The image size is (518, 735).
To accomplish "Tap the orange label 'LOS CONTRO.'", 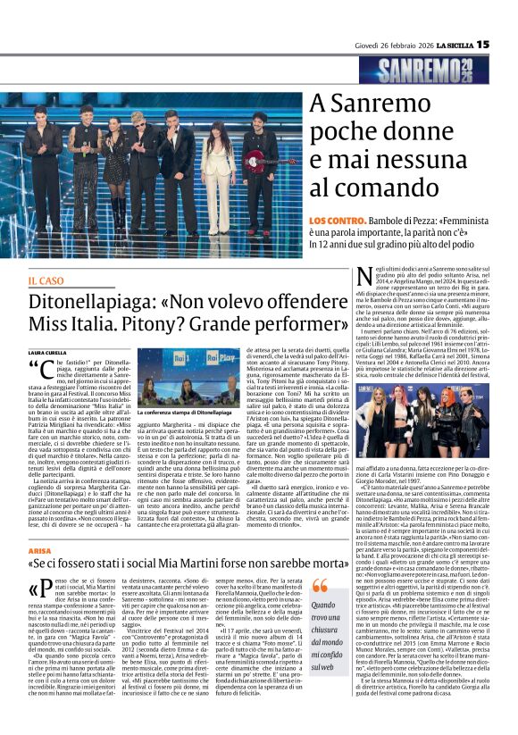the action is click(x=336, y=219).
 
